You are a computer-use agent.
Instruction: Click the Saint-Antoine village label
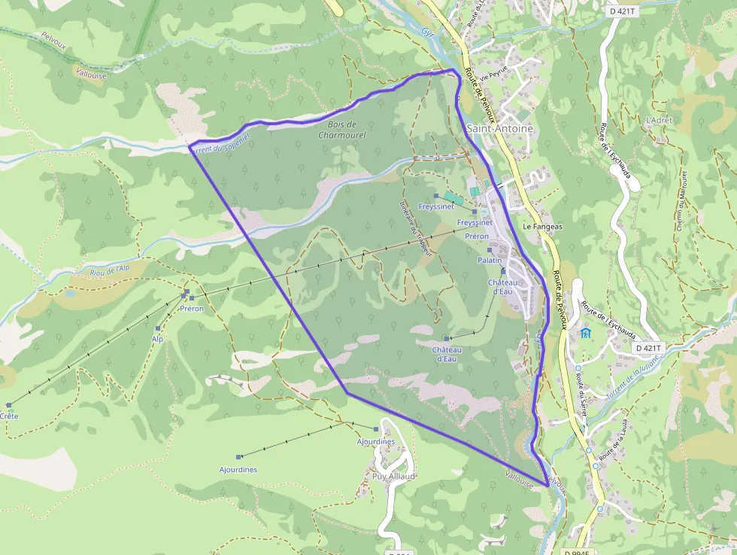(x=499, y=129)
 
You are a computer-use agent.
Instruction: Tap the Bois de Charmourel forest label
(x=341, y=130)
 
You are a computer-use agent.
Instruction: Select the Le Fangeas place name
(x=543, y=226)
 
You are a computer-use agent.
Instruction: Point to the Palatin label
(x=489, y=260)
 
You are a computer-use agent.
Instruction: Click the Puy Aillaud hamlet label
(x=394, y=477)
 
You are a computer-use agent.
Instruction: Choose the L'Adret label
(x=659, y=120)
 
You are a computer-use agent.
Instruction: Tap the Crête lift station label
(x=9, y=416)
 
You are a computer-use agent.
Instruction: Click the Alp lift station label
(x=157, y=340)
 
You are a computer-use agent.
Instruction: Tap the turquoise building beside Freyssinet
(x=449, y=197)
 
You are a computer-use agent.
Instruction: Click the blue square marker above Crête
(x=9, y=404)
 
